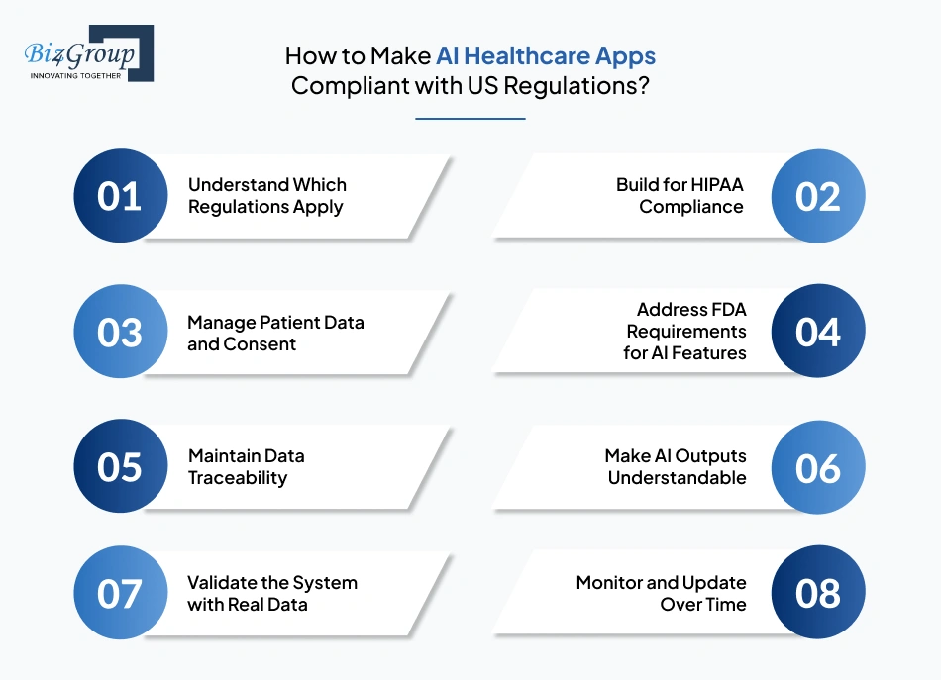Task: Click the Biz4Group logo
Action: pos(88,52)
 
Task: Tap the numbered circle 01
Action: pos(120,196)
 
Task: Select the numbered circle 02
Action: pos(818,196)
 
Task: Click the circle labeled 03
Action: pos(120,333)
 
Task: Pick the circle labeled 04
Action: pos(818,333)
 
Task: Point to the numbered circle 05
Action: pos(120,467)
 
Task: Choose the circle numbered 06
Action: pos(818,467)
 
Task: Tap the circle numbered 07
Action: pos(120,593)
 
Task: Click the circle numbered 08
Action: pos(818,593)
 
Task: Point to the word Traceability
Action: pos(238,478)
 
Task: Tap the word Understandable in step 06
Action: pos(678,478)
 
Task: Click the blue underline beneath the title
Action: pos(470,119)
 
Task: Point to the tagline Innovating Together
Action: pos(75,75)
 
